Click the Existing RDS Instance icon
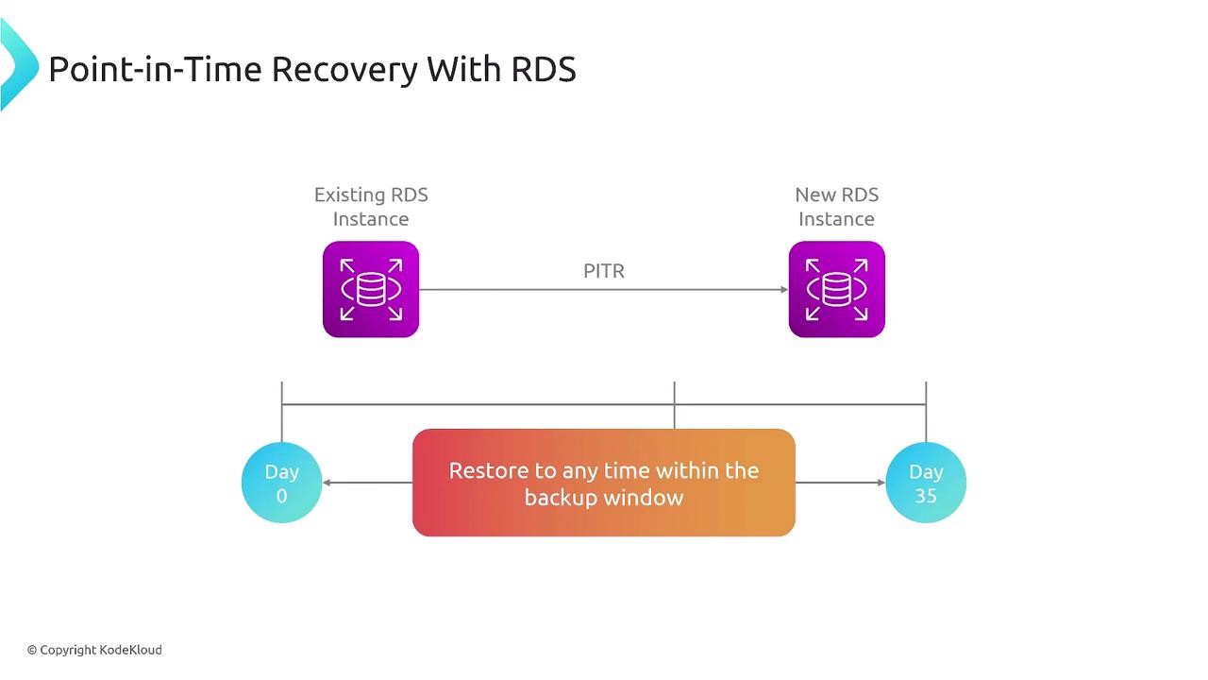tap(371, 289)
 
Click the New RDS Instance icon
tap(836, 289)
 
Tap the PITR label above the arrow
tap(604, 271)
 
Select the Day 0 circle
tap(281, 483)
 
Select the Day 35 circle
tap(926, 483)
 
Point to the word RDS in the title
tap(544, 69)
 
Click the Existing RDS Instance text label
tap(371, 207)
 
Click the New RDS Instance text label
tap(836, 207)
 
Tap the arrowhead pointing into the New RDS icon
tap(784, 290)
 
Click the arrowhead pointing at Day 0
tap(327, 483)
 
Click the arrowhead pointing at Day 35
tap(881, 483)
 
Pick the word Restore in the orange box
tap(489, 470)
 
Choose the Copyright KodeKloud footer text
tap(94, 650)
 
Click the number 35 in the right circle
tap(926, 496)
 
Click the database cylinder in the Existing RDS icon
tap(371, 289)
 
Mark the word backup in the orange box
tap(558, 498)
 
